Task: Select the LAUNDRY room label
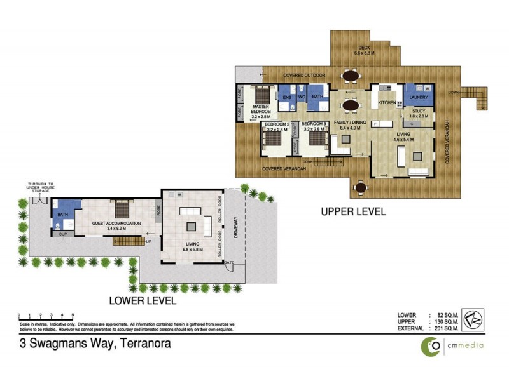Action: coord(418,97)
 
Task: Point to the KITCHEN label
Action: coord(387,102)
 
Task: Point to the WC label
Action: coord(302,97)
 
